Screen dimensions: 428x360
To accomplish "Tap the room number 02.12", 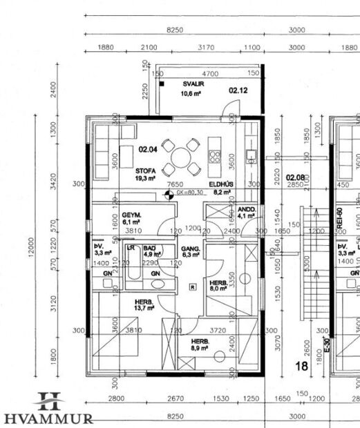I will pyautogui.click(x=238, y=89).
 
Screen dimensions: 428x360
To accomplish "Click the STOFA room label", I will pyautogui.click(x=145, y=170).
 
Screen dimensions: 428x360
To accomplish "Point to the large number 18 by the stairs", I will pyautogui.click(x=301, y=367).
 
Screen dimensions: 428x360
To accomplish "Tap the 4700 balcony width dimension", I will pyautogui.click(x=210, y=74).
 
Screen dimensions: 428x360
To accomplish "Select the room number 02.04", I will pyautogui.click(x=148, y=148).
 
